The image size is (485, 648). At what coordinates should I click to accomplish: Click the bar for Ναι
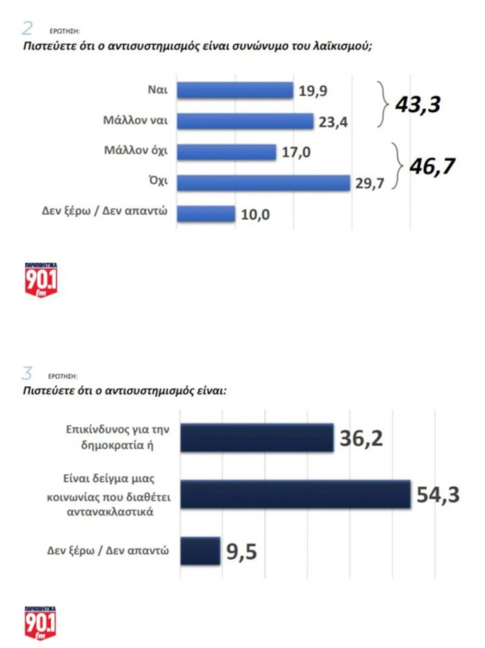(235, 91)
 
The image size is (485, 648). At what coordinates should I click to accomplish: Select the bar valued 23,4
(245, 121)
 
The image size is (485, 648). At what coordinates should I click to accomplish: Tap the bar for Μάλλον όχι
(226, 152)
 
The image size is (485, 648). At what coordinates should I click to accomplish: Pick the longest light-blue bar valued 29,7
(263, 182)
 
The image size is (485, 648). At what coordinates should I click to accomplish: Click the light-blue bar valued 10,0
(206, 214)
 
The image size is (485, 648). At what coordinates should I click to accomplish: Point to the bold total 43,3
(418, 105)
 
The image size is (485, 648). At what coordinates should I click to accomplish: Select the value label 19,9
(313, 91)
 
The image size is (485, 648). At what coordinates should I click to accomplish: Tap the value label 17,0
(296, 152)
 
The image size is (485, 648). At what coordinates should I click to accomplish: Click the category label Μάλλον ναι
(135, 121)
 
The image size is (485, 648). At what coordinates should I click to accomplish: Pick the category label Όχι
(159, 181)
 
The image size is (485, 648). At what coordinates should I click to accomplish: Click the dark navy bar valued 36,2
(257, 438)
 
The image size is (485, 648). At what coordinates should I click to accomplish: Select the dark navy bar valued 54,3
(295, 494)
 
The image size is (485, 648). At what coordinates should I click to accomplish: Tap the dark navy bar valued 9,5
(200, 551)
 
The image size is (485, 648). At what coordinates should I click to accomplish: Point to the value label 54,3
(438, 494)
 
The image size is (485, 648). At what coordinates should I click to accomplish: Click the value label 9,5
(241, 551)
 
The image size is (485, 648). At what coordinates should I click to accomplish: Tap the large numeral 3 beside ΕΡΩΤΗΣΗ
(27, 374)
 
